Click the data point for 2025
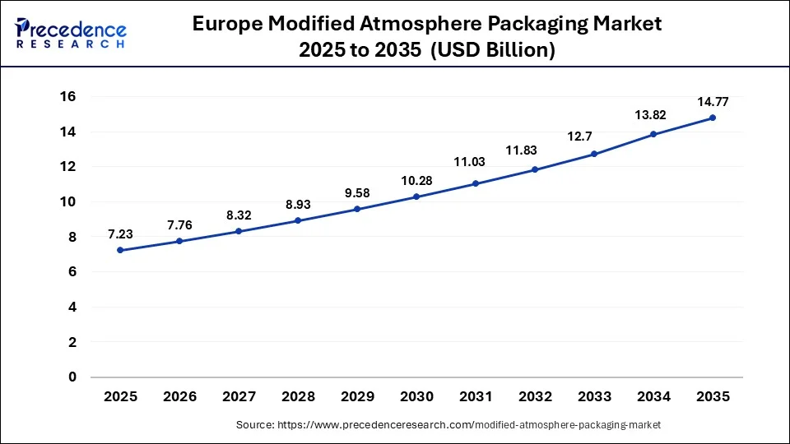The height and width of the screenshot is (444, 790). [x=120, y=250]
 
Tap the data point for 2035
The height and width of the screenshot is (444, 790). [x=713, y=118]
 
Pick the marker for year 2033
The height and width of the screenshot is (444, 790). [x=594, y=154]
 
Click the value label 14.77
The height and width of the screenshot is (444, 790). [x=713, y=101]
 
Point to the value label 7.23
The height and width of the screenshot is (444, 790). [x=120, y=234]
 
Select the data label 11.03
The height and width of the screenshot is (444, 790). [x=476, y=163]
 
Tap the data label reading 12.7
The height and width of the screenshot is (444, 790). [x=594, y=136]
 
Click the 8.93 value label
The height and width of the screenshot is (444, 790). [x=298, y=204]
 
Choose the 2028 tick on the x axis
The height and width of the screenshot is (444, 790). [x=298, y=396]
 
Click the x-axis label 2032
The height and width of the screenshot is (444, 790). [x=535, y=396]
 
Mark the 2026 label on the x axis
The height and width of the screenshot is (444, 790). [x=179, y=396]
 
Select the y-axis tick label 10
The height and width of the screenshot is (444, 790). [x=67, y=202]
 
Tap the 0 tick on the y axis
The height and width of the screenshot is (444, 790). [x=72, y=377]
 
